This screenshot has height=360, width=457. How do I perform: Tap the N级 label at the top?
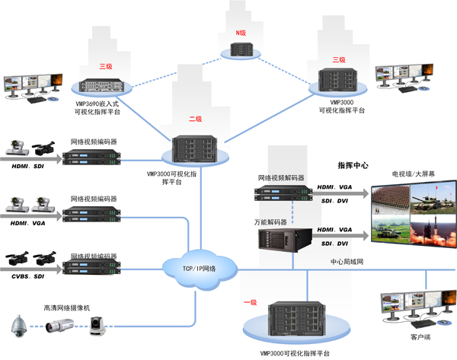point(240,33)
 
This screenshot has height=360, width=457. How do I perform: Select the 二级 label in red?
point(195,119)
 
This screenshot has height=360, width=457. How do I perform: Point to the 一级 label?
point(251,302)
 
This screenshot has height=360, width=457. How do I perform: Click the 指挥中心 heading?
point(353,165)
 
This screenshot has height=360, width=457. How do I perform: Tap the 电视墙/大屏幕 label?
point(413,174)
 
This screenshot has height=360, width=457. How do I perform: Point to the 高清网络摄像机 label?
point(66,308)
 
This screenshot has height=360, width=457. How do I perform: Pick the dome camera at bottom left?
point(18,327)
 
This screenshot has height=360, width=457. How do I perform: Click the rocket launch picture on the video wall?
point(433,229)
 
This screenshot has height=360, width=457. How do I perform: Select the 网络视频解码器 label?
point(281,177)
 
